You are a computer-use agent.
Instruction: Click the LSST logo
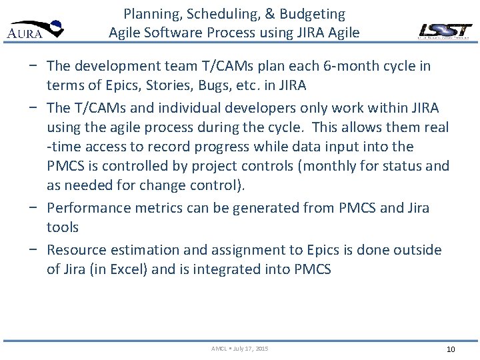(x=445, y=31)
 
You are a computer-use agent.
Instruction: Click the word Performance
(x=89, y=208)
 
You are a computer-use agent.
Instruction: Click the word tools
(x=63, y=227)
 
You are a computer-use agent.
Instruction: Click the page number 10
(x=450, y=349)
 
